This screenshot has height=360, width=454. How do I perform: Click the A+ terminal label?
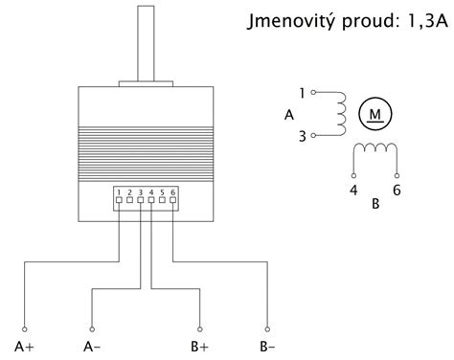tap(25, 346)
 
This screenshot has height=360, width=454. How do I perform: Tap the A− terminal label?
tap(93, 346)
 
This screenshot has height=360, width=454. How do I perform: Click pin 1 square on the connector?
tap(118, 203)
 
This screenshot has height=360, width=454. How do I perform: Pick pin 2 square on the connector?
tap(129, 203)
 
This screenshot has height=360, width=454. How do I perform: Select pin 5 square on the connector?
tap(163, 203)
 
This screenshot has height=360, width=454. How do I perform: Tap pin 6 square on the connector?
tap(174, 203)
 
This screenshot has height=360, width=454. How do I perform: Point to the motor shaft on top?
tap(147, 43)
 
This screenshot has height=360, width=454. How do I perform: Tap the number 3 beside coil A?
tap(302, 136)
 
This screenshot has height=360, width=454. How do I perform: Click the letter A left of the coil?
tap(289, 115)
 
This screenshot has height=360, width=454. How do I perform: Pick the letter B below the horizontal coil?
tap(375, 204)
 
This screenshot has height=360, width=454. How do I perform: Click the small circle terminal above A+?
tap(25, 326)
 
